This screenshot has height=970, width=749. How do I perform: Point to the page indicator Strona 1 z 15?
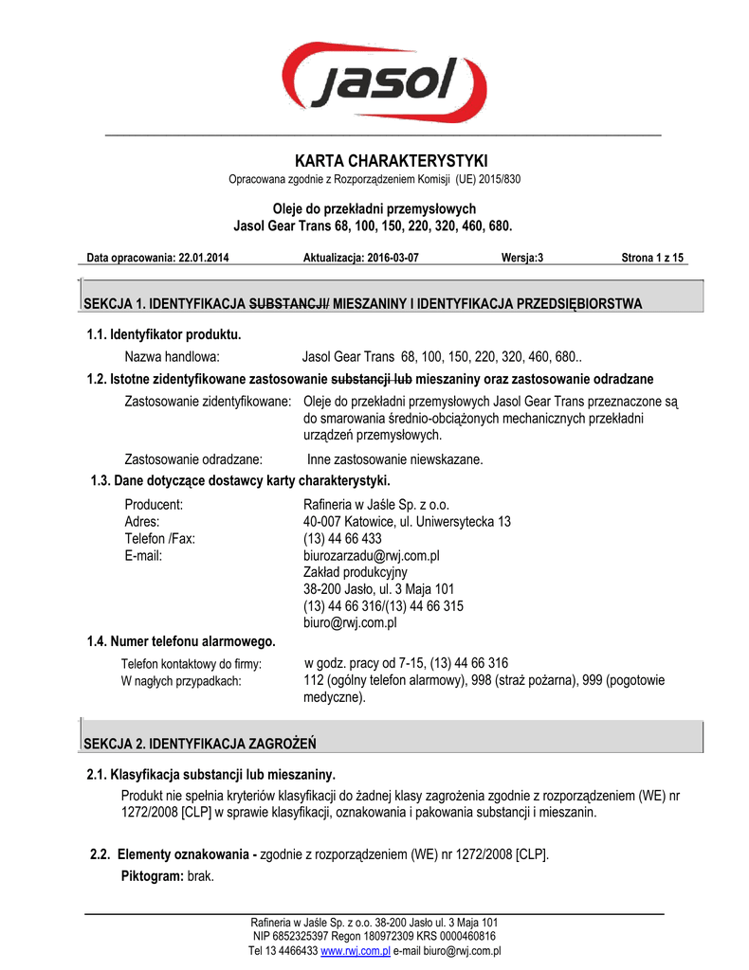(x=652, y=258)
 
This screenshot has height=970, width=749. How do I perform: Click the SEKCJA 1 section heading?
(x=364, y=304)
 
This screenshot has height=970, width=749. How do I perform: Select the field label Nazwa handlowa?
(x=173, y=357)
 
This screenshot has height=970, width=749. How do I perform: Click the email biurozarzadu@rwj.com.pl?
(x=372, y=555)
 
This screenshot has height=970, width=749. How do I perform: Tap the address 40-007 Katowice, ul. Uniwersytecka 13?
(x=407, y=521)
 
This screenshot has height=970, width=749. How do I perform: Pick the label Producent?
(x=154, y=504)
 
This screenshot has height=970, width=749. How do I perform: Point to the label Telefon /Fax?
(x=160, y=538)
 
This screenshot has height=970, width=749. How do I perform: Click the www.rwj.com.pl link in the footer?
(x=356, y=950)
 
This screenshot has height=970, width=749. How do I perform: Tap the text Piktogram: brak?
(x=168, y=876)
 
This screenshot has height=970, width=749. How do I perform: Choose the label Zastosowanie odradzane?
(x=193, y=459)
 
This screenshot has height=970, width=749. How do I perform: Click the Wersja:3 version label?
(x=522, y=258)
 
